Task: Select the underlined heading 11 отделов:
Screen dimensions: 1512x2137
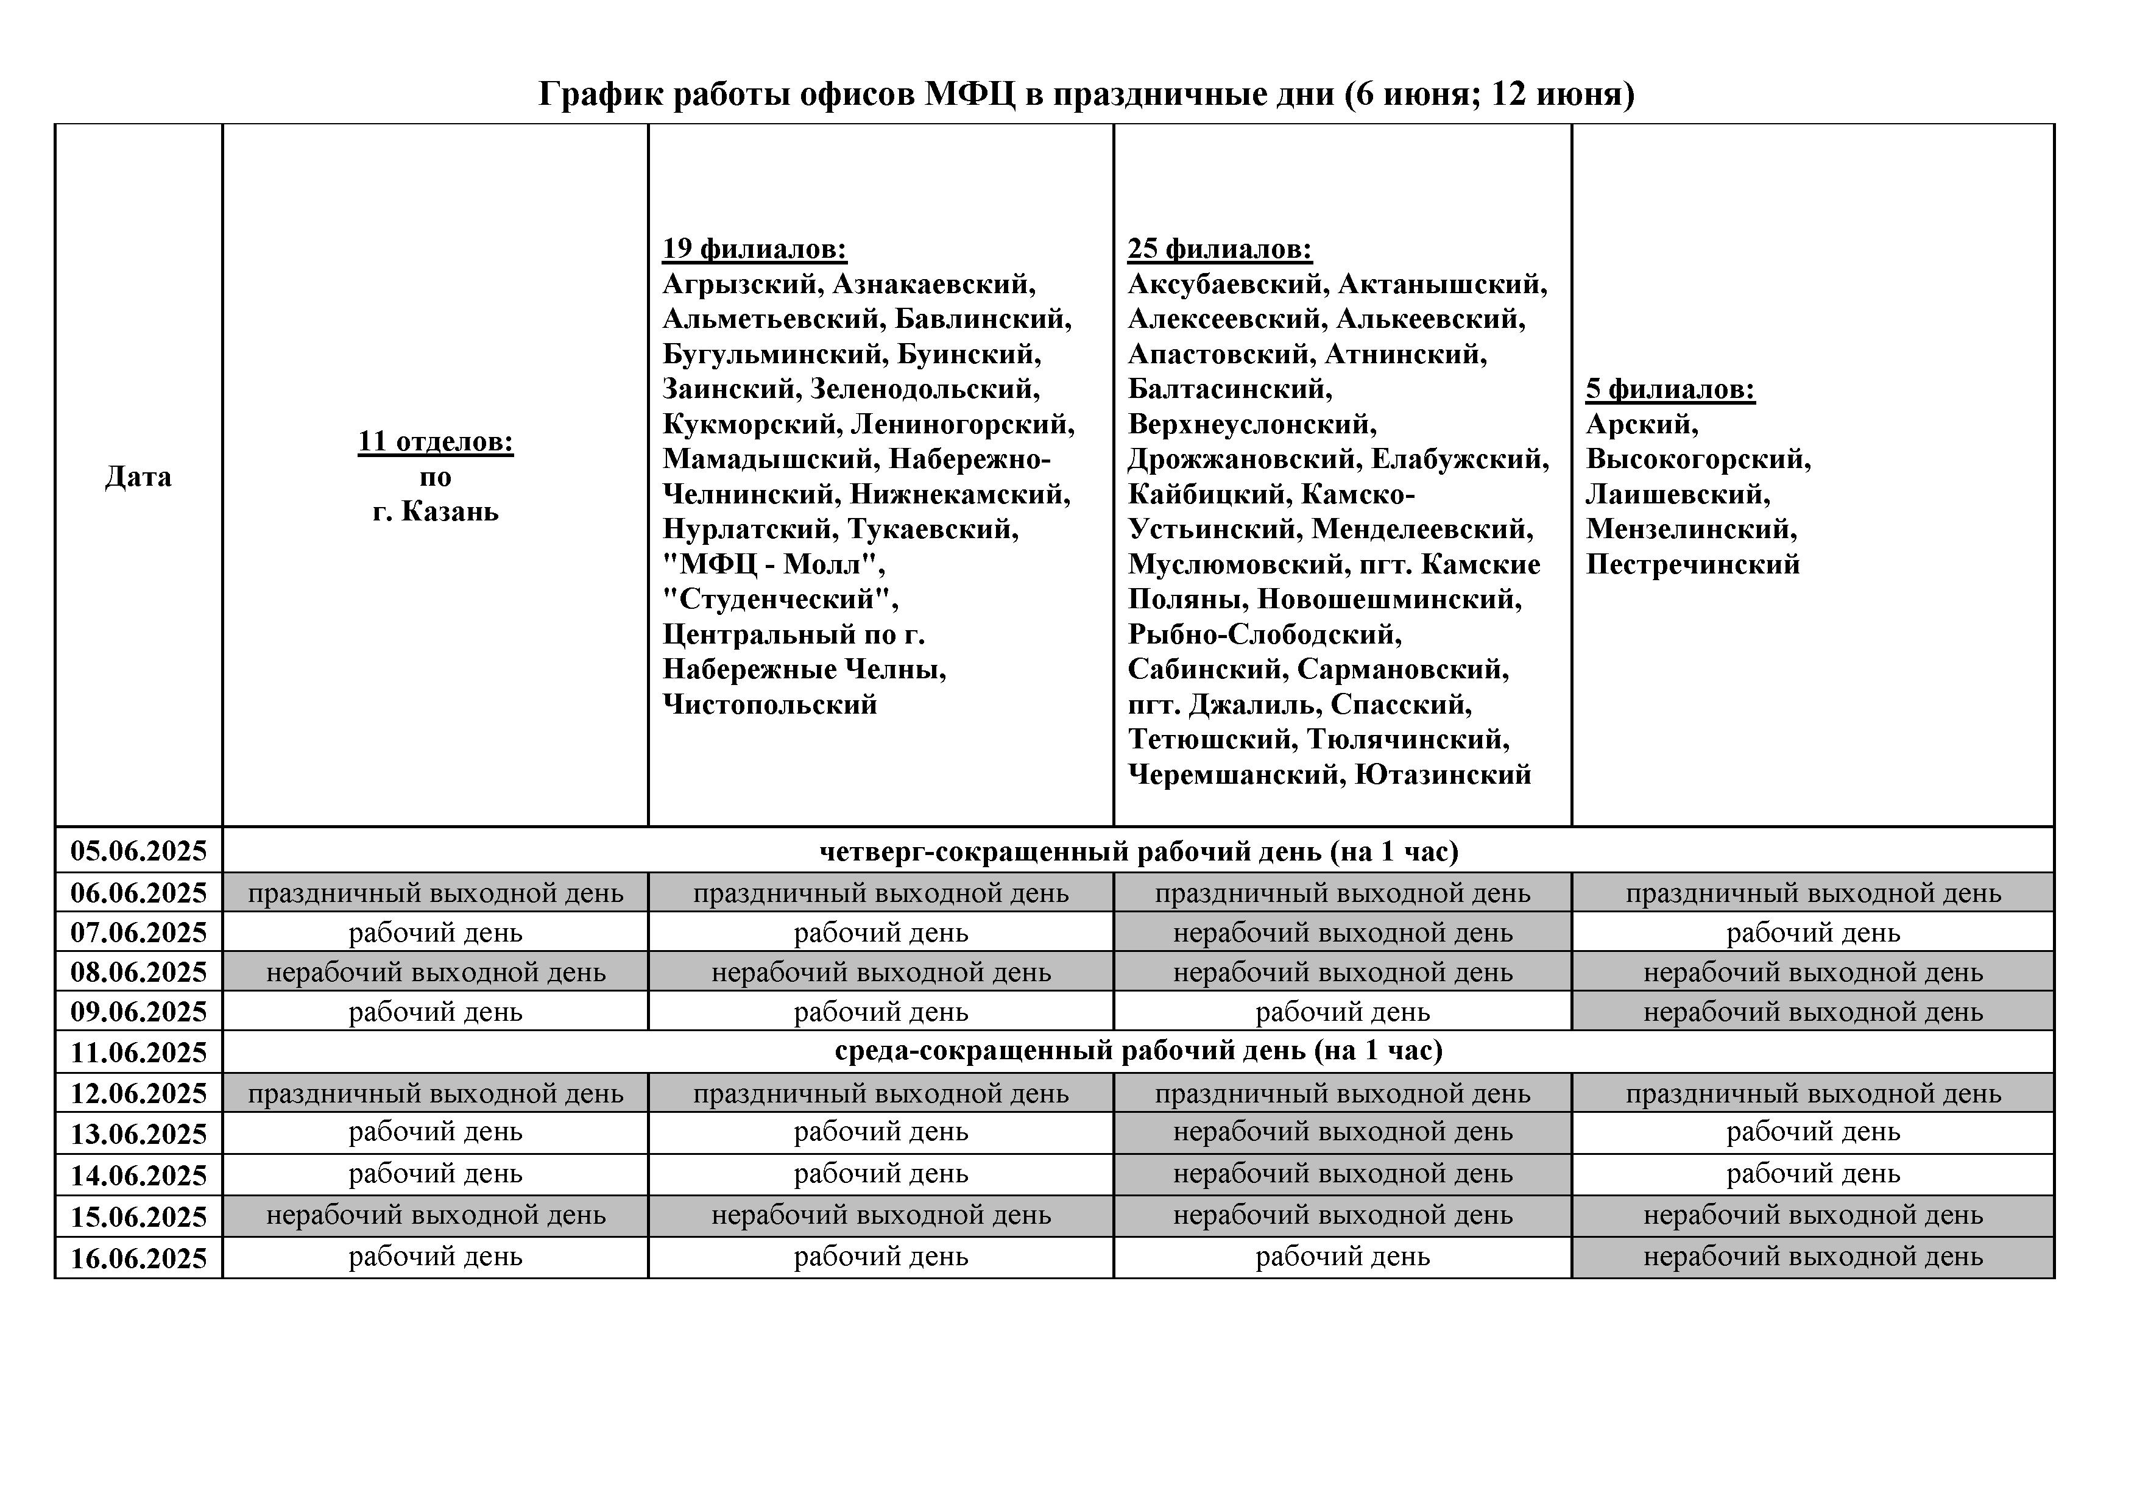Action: (x=435, y=441)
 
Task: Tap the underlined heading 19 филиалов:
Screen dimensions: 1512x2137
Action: (x=754, y=249)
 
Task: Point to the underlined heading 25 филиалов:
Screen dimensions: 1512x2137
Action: (x=1220, y=249)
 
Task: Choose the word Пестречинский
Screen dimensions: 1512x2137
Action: (x=1692, y=564)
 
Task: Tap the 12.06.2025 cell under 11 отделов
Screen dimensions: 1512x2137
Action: (x=435, y=1093)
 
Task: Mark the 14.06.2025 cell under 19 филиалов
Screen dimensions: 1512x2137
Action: (x=880, y=1174)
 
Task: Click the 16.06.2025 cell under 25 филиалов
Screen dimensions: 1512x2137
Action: (x=1342, y=1257)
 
